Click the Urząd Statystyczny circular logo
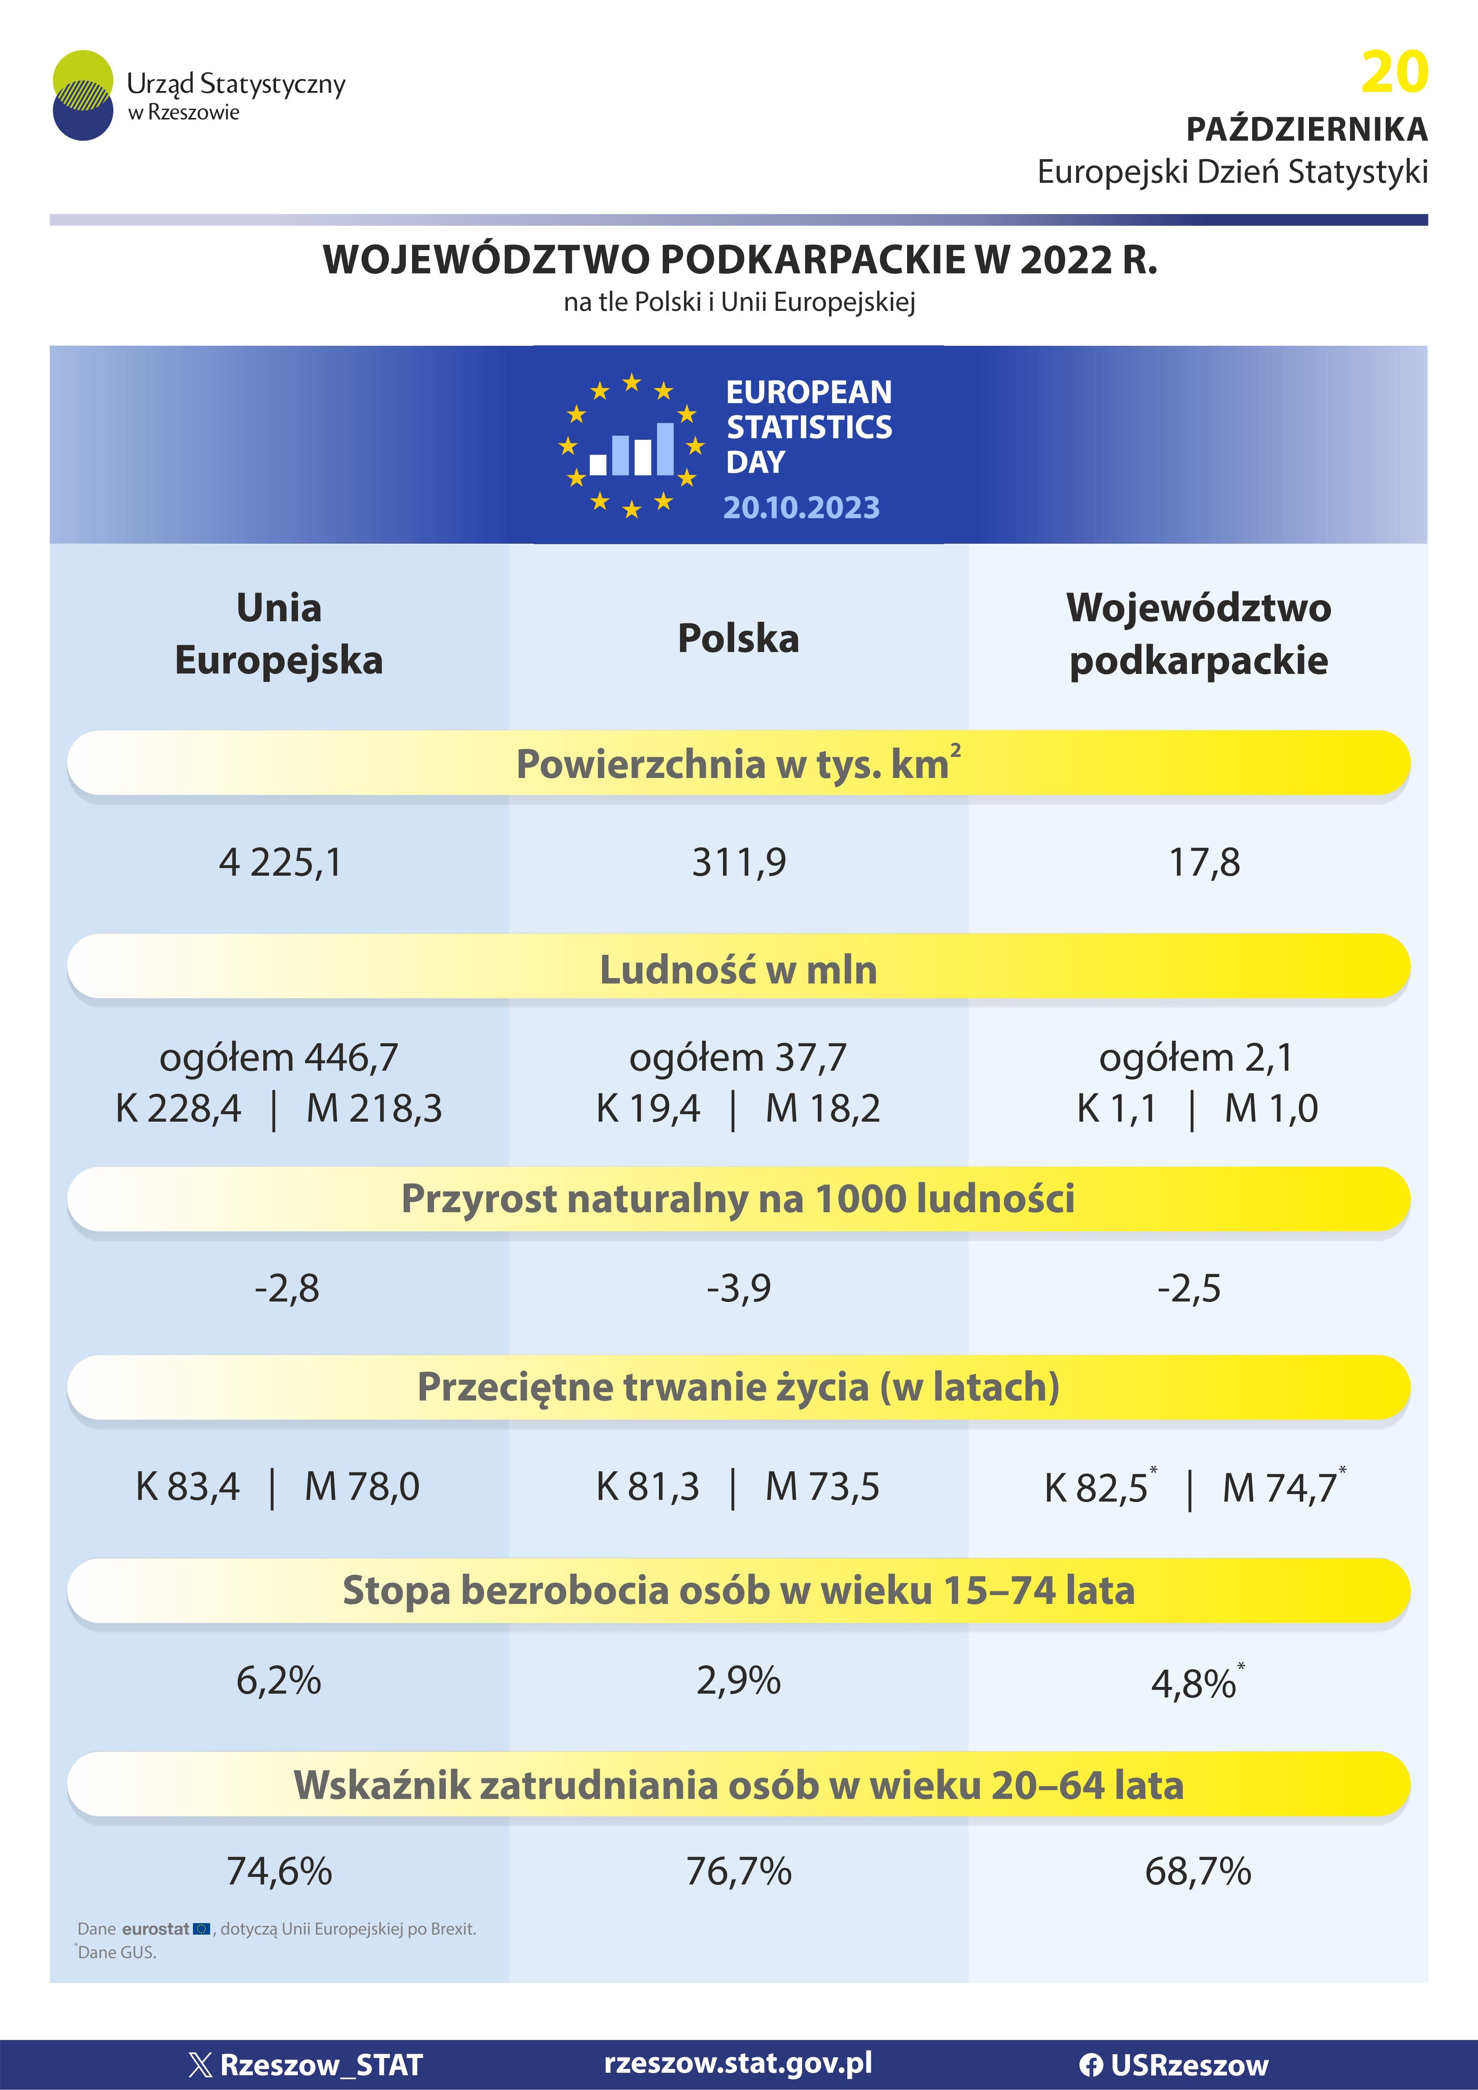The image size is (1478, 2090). (83, 96)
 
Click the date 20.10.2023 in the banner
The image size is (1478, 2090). (801, 507)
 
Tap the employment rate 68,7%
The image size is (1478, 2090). (1197, 1871)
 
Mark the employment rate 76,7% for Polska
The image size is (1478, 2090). (739, 1871)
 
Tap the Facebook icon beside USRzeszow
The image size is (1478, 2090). (1091, 2064)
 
